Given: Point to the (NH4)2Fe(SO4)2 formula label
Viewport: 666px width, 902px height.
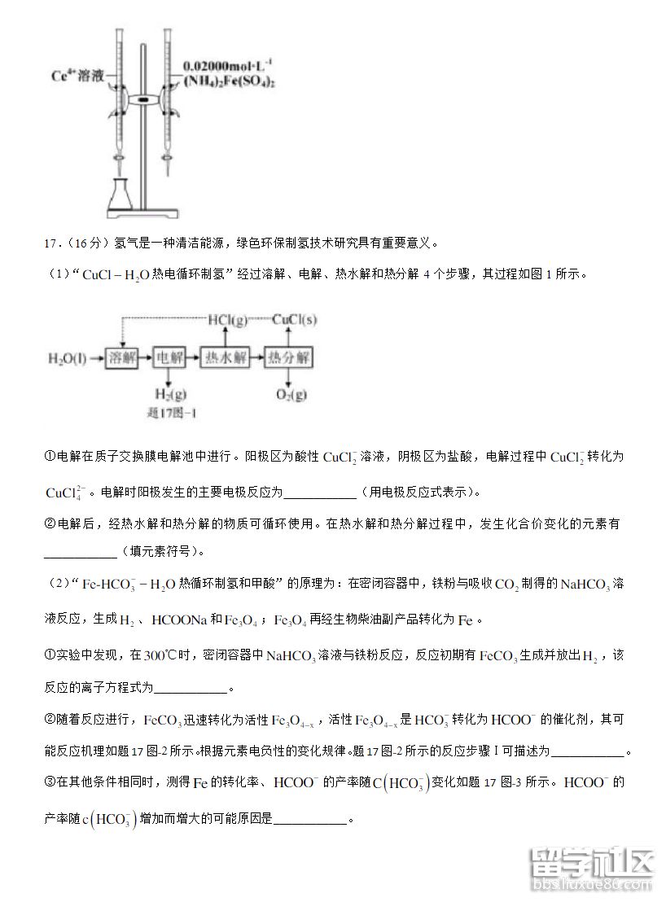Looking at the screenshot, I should pos(230,81).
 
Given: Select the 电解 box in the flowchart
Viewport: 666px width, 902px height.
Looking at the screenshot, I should pos(169,358).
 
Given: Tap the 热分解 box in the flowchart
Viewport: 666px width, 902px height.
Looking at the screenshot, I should pos(289,358).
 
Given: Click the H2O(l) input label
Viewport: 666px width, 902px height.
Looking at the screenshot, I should pos(68,358).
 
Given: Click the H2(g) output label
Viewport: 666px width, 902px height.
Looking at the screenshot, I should pos(168,395).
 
